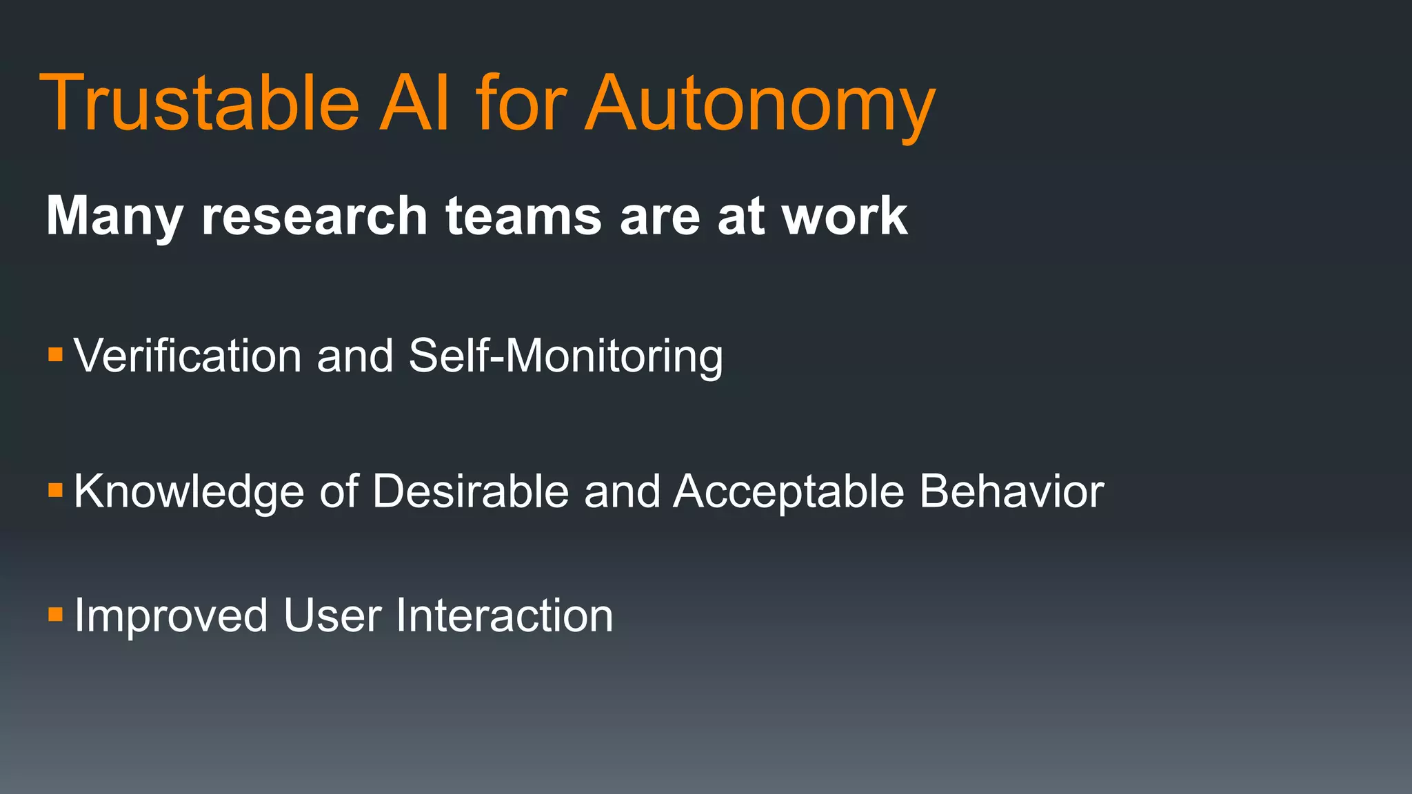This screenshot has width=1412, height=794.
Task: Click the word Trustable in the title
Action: [x=200, y=103]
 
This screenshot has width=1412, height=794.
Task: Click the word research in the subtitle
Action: [x=314, y=216]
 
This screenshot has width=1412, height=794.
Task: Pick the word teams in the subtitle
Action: [x=524, y=216]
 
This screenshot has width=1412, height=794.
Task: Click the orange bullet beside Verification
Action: [x=56, y=356]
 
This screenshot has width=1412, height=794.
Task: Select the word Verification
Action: [x=188, y=356]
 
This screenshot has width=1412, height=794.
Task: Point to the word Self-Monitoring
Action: [x=565, y=357]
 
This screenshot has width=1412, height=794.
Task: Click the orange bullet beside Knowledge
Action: [x=56, y=491]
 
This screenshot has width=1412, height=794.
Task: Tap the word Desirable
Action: [x=471, y=491]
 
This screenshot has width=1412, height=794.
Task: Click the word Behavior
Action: [x=1011, y=491]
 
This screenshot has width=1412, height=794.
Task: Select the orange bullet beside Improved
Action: [x=56, y=614]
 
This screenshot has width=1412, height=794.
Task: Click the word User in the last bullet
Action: [x=332, y=615]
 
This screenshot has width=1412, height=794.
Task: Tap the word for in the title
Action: [x=521, y=103]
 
